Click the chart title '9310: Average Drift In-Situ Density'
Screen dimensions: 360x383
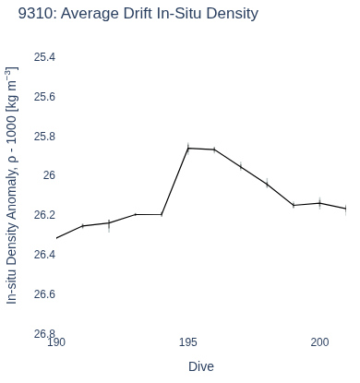coord(138,14)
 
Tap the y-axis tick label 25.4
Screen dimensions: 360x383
coord(44,57)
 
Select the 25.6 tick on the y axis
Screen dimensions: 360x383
coord(44,97)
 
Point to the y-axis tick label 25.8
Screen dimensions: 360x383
coord(44,137)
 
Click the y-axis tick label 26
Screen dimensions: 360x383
coord(49,175)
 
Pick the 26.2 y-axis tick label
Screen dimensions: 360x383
coord(44,215)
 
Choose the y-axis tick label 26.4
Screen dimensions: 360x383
coord(44,255)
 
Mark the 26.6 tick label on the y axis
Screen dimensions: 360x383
coord(44,294)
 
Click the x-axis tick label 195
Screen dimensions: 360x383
coord(188,342)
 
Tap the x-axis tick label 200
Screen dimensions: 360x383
coord(319,342)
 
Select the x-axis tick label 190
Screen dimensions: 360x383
coord(56,342)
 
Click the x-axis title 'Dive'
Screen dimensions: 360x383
coord(201,366)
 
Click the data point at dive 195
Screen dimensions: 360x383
coord(188,149)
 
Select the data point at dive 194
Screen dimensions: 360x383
coord(162,214)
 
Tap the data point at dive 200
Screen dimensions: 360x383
coord(320,203)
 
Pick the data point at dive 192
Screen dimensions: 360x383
coord(109,222)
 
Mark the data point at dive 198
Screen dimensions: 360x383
coord(267,184)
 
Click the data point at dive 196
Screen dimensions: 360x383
coord(214,150)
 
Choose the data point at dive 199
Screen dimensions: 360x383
coord(294,205)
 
